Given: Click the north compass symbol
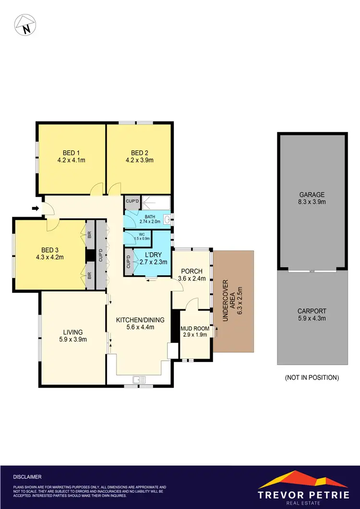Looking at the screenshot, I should (24, 25).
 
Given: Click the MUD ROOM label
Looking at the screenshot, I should (194, 328).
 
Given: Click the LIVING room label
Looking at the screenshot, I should (73, 332).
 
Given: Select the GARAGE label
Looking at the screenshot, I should (312, 194).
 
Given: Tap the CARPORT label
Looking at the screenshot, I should (312, 311).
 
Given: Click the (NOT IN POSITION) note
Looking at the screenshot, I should (312, 377).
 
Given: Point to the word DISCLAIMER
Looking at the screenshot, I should (27, 477).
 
